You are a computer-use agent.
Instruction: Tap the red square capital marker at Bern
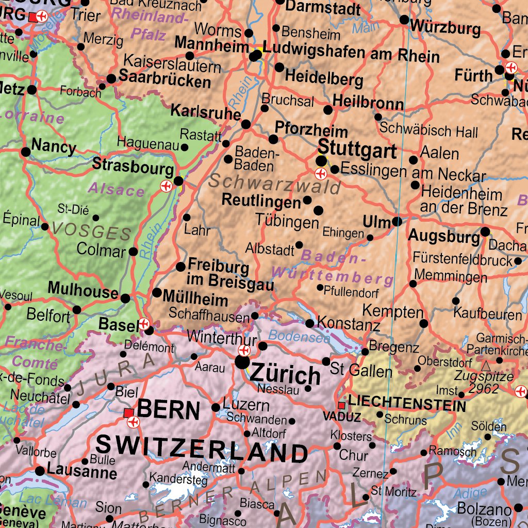pyautogui.click(x=128, y=413)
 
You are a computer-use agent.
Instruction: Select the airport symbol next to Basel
pyautogui.click(x=144, y=324)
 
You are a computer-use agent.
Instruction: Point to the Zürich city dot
pyautogui.click(x=242, y=363)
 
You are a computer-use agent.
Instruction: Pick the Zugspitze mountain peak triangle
pyautogui.click(x=486, y=366)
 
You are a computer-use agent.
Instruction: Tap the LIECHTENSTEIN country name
pyautogui.click(x=407, y=403)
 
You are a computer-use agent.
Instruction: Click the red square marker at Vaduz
pyautogui.click(x=341, y=406)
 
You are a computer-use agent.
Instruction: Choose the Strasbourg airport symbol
pyautogui.click(x=167, y=186)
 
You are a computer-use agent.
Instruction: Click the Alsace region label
pyautogui.click(x=116, y=189)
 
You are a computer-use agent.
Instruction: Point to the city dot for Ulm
pyautogui.click(x=397, y=222)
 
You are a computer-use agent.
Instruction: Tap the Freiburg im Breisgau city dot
pyautogui.click(x=180, y=267)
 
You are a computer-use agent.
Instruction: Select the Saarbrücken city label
pyautogui.click(x=164, y=79)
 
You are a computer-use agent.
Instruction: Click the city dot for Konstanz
pyautogui.click(x=309, y=323)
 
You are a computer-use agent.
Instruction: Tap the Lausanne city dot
pyautogui.click(x=40, y=471)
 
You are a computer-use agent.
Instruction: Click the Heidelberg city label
pyautogui.click(x=324, y=78)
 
